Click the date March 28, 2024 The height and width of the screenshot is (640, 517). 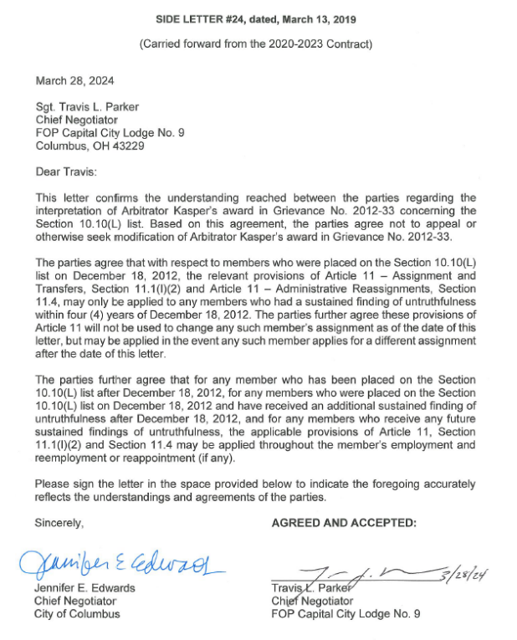(74, 81)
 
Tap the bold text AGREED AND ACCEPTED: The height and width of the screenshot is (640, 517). (344, 523)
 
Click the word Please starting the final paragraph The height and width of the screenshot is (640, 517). (54, 484)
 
